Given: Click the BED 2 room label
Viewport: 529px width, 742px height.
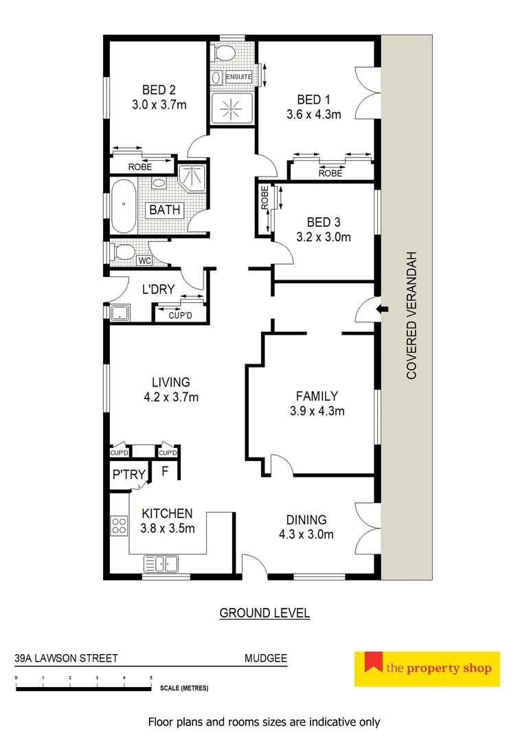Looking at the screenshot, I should [159, 89].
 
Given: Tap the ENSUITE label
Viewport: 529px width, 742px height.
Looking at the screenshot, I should [238, 76].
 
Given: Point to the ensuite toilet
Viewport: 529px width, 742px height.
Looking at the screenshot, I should [225, 54].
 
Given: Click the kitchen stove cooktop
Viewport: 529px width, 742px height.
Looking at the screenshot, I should [120, 525].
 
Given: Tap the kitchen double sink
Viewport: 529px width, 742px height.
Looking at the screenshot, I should [161, 564].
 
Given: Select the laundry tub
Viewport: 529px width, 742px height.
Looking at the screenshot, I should [122, 312].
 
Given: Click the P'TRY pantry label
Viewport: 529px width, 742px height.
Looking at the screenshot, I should [128, 474].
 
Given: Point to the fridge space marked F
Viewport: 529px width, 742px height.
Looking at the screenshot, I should [165, 471].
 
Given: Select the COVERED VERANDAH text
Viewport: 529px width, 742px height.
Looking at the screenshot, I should [412, 315].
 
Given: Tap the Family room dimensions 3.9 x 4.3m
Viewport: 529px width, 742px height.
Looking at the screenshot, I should [317, 412].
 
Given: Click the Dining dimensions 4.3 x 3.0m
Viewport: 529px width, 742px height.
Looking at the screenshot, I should [307, 534].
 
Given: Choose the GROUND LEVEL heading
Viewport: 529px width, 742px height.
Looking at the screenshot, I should [264, 613].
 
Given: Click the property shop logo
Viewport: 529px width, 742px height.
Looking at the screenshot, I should [427, 668].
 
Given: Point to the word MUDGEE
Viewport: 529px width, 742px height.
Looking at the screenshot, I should [266, 657].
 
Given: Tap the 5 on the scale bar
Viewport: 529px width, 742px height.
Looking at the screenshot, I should [151, 678].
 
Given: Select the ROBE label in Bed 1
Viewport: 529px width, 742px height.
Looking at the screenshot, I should [330, 174].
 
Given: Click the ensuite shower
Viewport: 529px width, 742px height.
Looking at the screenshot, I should [231, 108].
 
